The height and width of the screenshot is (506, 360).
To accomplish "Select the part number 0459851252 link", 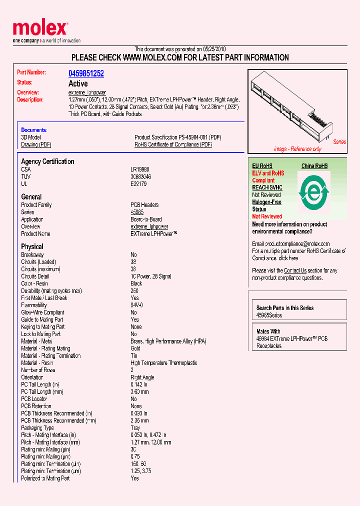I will pyautogui.click(x=86, y=73).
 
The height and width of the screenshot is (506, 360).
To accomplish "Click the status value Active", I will pyautogui.click(x=77, y=83).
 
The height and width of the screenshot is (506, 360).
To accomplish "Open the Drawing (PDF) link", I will pyautogui.click(x=36, y=144).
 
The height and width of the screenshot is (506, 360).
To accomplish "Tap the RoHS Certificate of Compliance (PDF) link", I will pyautogui.click(x=173, y=144).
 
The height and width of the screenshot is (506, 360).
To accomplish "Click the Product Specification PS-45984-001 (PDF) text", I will pyautogui.click(x=178, y=137).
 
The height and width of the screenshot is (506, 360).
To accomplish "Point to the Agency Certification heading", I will pyautogui.click(x=47, y=161).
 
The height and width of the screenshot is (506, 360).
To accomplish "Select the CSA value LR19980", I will pyautogui.click(x=140, y=169).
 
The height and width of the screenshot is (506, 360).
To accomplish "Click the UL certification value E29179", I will pyautogui.click(x=138, y=184).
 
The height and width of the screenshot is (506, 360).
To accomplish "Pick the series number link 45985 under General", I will pyautogui.click(x=137, y=212).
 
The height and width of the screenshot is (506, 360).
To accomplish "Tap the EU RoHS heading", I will pyautogui.click(x=262, y=166).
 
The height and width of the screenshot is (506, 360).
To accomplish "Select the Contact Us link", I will pyautogui.click(x=295, y=270).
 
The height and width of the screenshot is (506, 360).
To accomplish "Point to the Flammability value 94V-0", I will pyautogui.click(x=137, y=305).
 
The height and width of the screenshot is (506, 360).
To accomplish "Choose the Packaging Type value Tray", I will pyautogui.click(x=135, y=428).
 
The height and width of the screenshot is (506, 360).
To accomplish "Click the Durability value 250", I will pyautogui.click(x=134, y=290).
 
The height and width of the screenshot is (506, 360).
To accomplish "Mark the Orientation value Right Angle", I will pyautogui.click(x=142, y=377).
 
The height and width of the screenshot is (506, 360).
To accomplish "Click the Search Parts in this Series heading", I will pyautogui.click(x=285, y=308).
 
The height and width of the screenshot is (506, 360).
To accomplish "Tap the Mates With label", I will pyautogui.click(x=268, y=331).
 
